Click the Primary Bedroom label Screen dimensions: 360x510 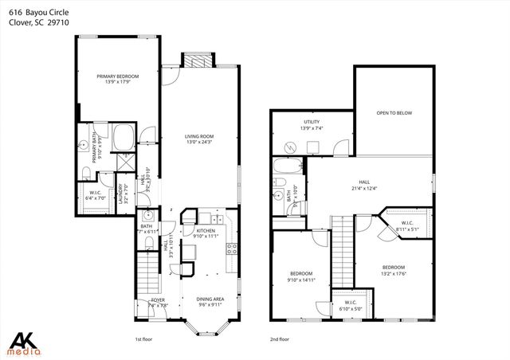point(118,76)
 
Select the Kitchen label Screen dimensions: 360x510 point(206,230)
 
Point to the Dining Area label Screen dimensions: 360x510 point(210,299)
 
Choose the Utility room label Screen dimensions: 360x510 point(312,122)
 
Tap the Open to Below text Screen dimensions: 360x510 point(394,113)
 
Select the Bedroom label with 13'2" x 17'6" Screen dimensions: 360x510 point(394,267)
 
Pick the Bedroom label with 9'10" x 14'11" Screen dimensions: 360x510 point(301,273)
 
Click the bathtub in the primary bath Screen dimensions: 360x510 point(124,138)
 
